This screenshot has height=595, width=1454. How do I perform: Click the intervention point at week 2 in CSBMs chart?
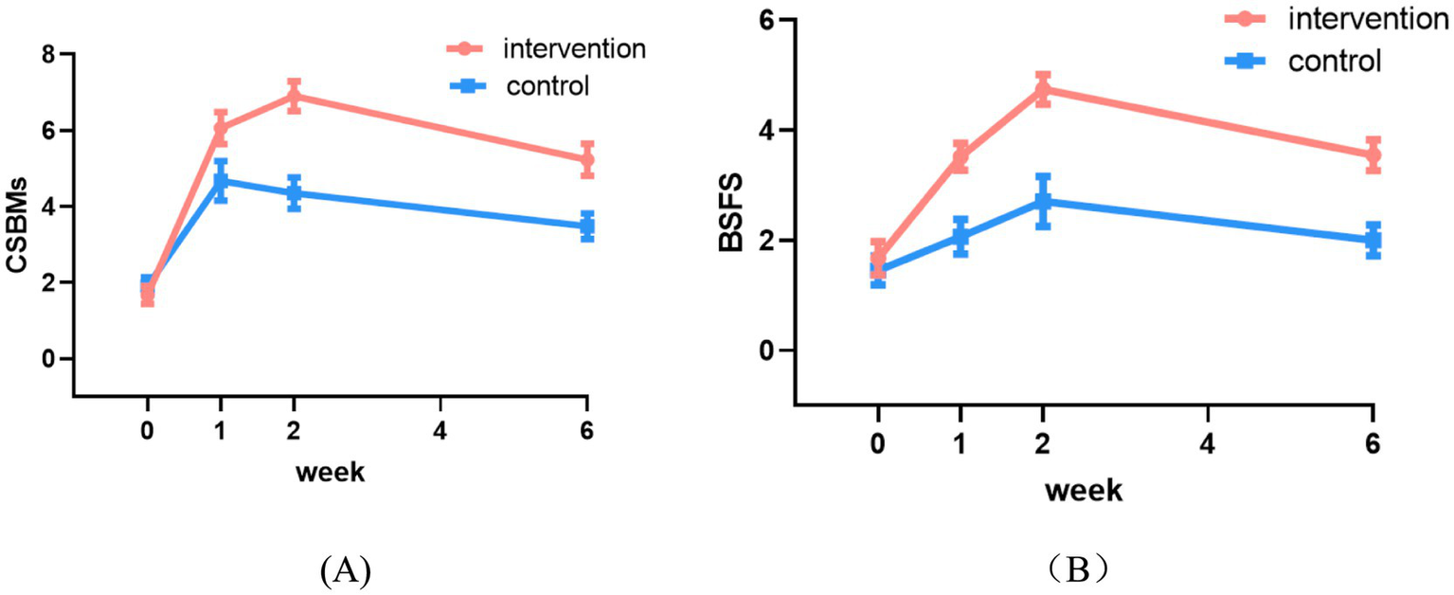(x=294, y=96)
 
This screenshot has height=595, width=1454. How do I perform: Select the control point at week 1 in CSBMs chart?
(x=221, y=180)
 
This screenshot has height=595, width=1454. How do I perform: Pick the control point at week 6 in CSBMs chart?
(x=587, y=225)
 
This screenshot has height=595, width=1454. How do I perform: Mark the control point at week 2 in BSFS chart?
(x=1043, y=201)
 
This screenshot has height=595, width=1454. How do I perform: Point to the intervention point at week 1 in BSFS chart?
(x=960, y=156)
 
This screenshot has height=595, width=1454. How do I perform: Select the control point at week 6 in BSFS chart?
(x=1373, y=240)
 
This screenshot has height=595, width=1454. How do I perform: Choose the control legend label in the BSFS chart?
(x=1336, y=63)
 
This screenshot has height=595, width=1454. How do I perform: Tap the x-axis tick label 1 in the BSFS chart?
(x=960, y=442)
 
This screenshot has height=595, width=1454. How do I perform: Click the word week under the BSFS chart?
(x=1084, y=491)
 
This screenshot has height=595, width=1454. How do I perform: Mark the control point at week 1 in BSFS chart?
(x=960, y=237)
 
